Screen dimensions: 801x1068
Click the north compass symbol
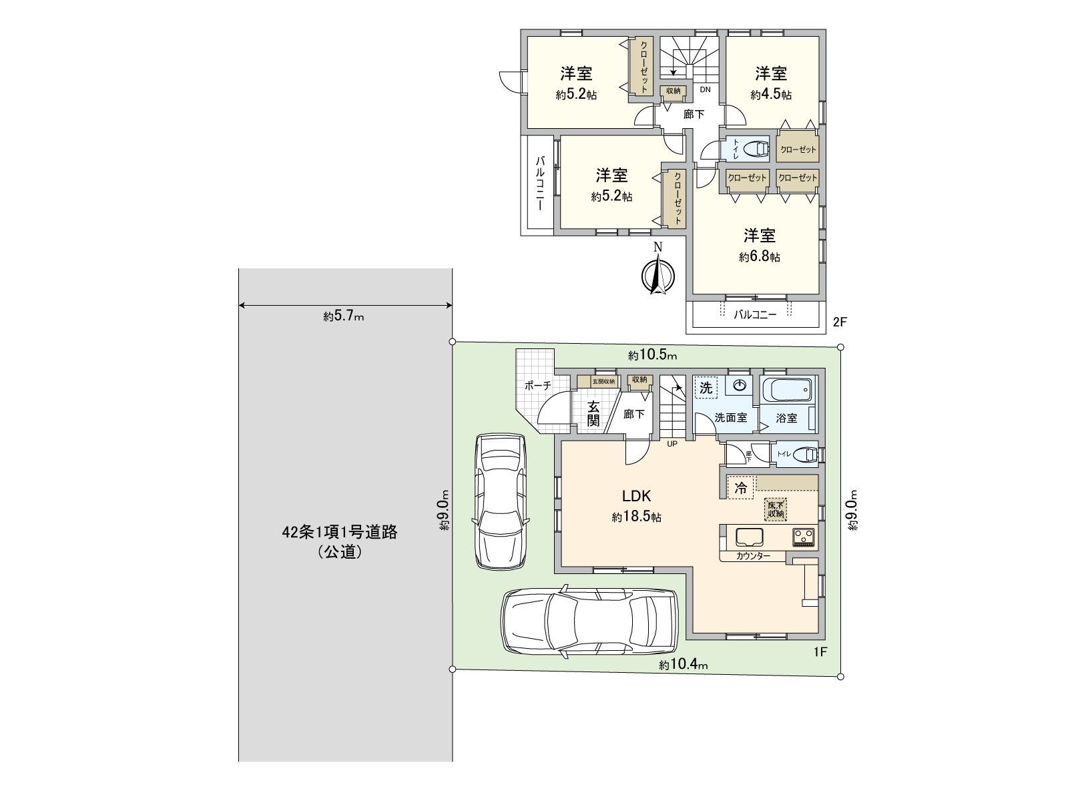657,274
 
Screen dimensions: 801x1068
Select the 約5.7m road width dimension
344,317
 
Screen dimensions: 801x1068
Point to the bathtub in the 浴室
788,389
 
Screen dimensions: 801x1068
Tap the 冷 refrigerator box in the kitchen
741,488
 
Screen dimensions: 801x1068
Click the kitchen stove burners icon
804,537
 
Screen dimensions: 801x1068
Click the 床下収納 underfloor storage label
776,509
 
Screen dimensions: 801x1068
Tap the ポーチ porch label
538,385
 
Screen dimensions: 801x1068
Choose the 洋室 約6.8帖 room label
760,245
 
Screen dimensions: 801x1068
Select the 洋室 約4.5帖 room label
771,83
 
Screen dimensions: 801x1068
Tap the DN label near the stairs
705,89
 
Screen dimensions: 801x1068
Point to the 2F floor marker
839,322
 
